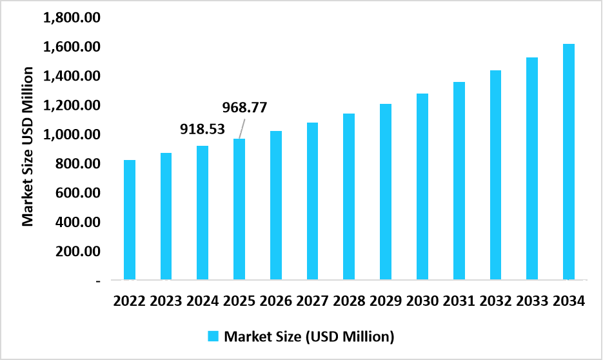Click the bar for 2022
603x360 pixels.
[x=130, y=220]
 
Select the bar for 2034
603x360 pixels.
[x=568, y=162]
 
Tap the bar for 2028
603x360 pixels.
[x=349, y=197]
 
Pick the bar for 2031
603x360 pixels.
[x=459, y=181]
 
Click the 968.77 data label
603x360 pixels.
[x=244, y=106]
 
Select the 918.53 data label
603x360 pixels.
[x=202, y=129]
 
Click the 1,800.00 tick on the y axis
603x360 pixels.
[x=72, y=18]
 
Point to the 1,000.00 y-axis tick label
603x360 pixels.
[x=72, y=135]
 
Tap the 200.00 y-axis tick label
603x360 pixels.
[x=77, y=252]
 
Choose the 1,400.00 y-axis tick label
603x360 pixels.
[x=72, y=77]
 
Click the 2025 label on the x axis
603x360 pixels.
[x=239, y=301]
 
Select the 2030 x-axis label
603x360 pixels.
[x=422, y=301]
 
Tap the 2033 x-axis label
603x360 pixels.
[x=531, y=301]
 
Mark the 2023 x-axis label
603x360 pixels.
[x=166, y=301]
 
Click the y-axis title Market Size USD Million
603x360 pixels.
[x=28, y=146]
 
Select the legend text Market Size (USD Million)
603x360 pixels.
[x=308, y=336]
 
